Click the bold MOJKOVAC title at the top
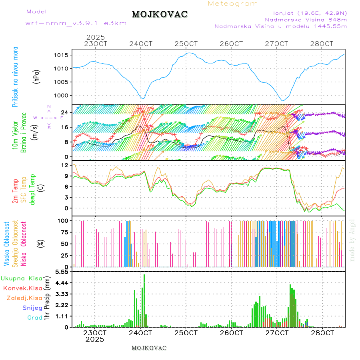pos(160,14)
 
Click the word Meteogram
pos(233,4)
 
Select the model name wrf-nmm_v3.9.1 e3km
pos(76,23)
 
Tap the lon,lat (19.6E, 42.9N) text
pos(310,13)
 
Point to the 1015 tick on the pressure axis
pos(63,55)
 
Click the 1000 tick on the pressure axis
pos(63,96)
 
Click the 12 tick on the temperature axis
pos(66,165)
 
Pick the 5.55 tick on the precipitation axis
pos(62,272)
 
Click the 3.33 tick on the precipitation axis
pos(62,294)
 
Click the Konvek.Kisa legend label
pos(22,288)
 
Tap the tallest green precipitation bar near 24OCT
pos(144,300)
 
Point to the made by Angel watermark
pos(352,240)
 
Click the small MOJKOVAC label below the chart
pos(149,348)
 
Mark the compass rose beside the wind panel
pos(48,118)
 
